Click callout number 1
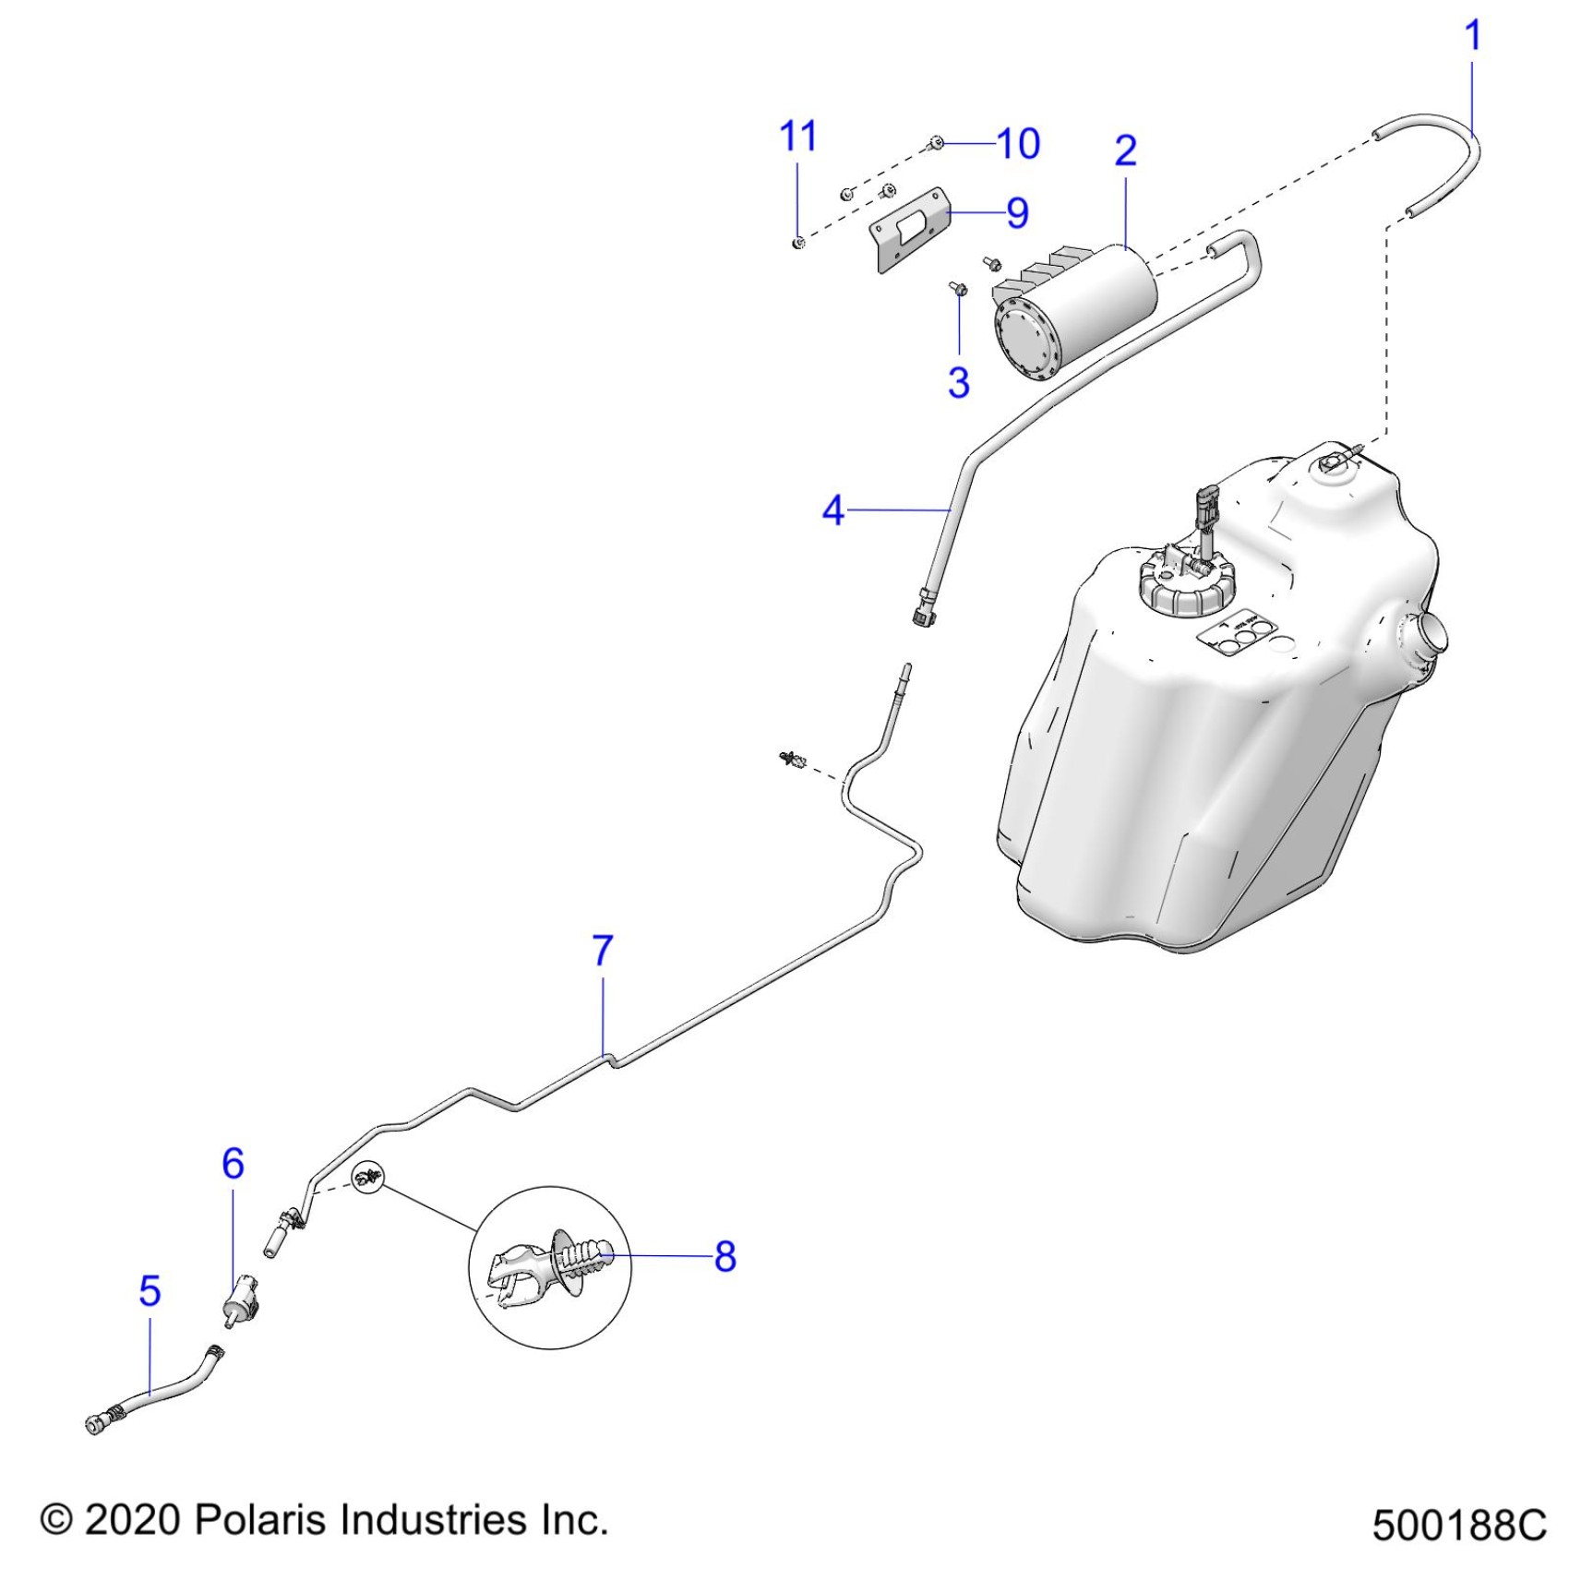(1472, 36)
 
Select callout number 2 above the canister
(1125, 150)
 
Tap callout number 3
(959, 381)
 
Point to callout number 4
(832, 509)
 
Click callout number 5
(150, 1290)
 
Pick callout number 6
(233, 1163)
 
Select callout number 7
(602, 950)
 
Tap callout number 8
(725, 1256)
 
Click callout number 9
(1017, 213)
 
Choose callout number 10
(1019, 144)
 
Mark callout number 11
(798, 137)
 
